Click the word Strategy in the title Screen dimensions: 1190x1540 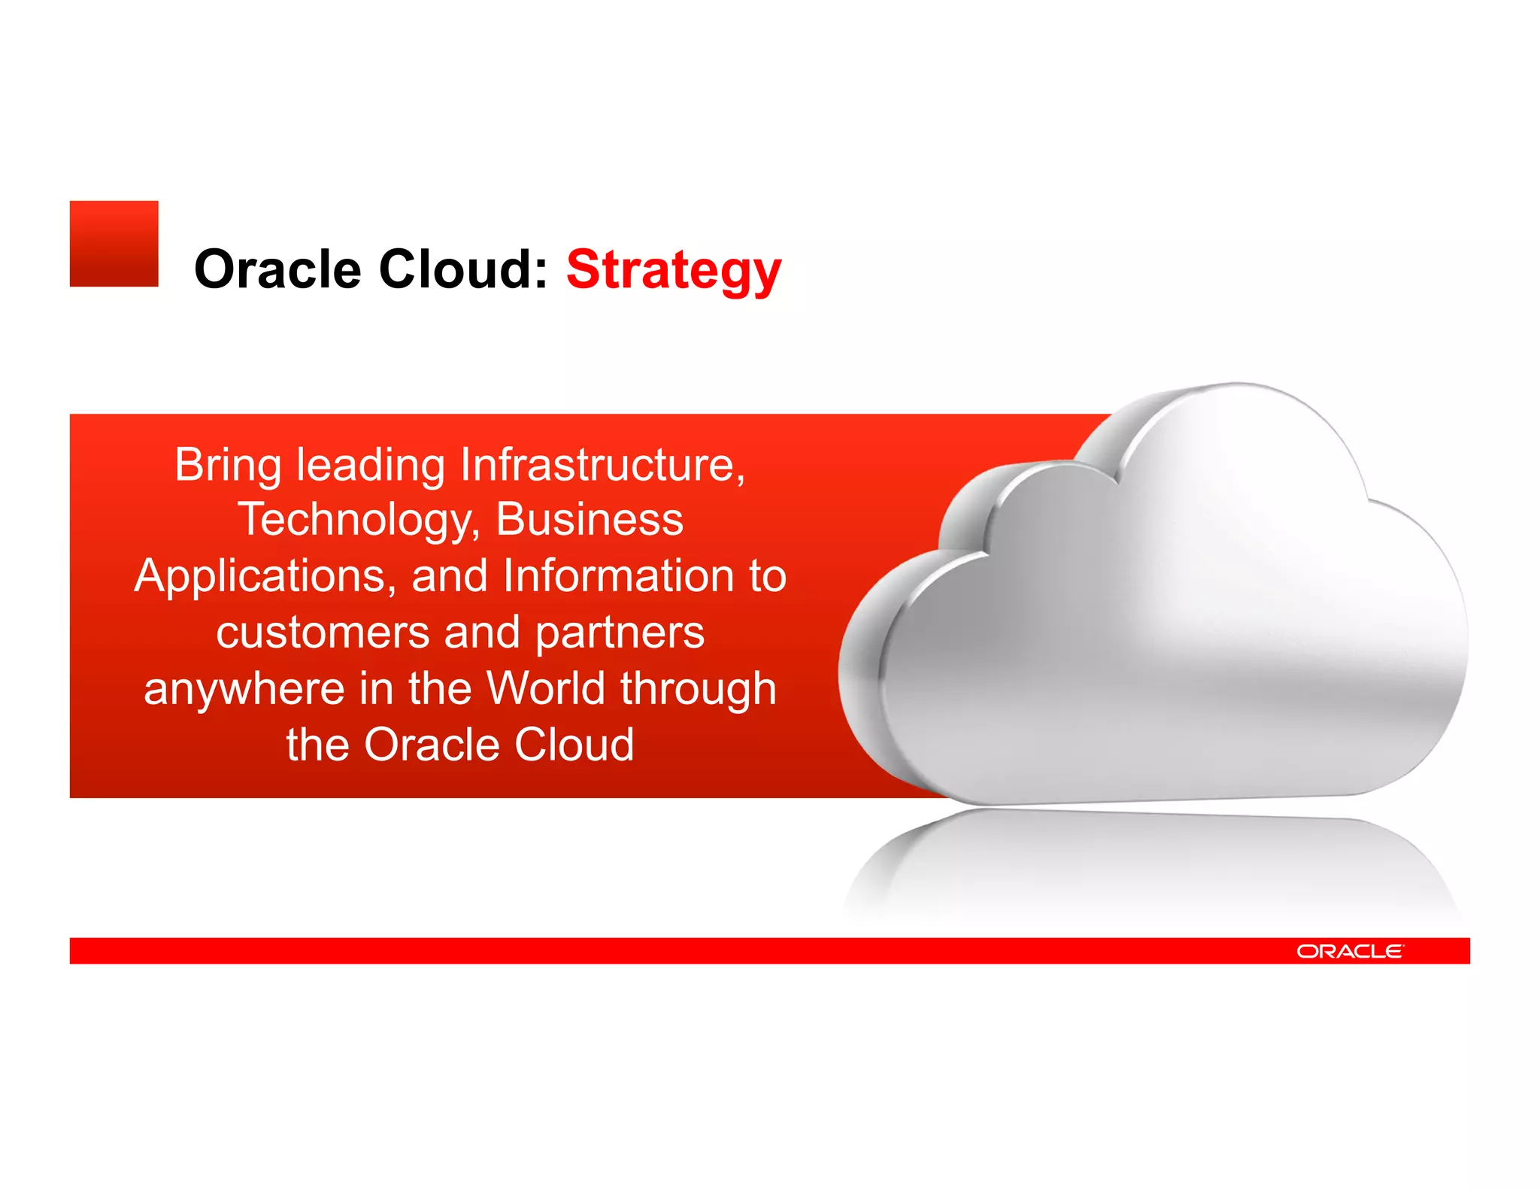pyautogui.click(x=674, y=269)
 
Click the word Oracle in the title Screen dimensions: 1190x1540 pyautogui.click(x=277, y=269)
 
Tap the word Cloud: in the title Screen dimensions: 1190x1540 pyautogui.click(x=462, y=269)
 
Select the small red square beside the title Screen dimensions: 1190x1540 pyautogui.click(x=114, y=243)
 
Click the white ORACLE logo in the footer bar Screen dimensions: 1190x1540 pyautogui.click(x=1350, y=952)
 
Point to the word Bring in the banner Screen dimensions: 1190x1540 pyautogui.click(x=228, y=466)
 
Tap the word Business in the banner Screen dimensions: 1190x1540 pyautogui.click(x=590, y=519)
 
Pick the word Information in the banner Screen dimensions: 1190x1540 pyautogui.click(x=619, y=575)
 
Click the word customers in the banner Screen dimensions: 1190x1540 pyautogui.click(x=322, y=632)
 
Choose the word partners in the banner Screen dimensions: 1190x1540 pyautogui.click(x=620, y=633)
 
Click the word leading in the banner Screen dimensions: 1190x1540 pyautogui.click(x=370, y=466)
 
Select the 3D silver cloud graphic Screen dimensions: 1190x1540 pyautogui.click(x=1173, y=617)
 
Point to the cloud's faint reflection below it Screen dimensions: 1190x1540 pyautogui.click(x=1150, y=865)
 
